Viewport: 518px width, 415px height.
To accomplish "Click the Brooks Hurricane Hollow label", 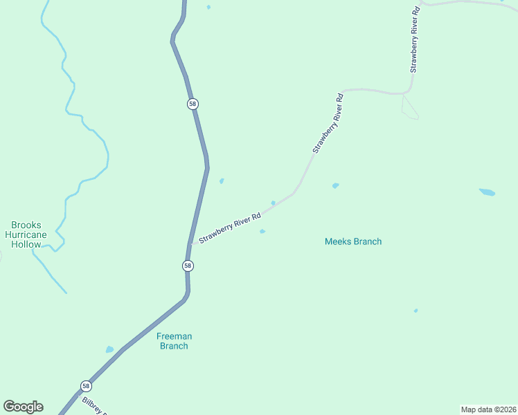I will click(26, 234).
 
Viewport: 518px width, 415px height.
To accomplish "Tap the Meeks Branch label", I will click(353, 241).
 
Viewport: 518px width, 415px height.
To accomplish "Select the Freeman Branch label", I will click(173, 341).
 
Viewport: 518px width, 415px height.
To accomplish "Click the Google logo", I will click(23, 407).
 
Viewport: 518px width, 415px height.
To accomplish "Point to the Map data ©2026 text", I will click(488, 409).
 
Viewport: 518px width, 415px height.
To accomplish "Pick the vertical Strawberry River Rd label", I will click(414, 40).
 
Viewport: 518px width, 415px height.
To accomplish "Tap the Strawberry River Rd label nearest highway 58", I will click(230, 228).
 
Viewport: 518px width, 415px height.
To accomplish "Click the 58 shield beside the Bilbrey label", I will click(85, 386).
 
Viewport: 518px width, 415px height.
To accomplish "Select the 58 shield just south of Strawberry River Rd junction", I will click(188, 266).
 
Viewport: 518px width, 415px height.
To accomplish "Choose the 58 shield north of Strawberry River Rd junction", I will click(193, 104).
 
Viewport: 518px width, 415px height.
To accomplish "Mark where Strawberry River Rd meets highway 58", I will click(190, 243).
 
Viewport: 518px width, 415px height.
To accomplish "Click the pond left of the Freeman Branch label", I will click(109, 349).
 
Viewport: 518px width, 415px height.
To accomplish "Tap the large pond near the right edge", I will click(488, 192).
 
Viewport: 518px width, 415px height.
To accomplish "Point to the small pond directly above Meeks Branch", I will click(336, 185).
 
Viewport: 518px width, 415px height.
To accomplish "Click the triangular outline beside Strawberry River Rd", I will click(409, 107).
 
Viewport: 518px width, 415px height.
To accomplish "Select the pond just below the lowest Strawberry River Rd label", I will click(262, 231).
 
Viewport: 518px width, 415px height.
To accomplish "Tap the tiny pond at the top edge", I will click(208, 7).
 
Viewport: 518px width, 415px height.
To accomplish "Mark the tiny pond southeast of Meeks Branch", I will click(416, 311).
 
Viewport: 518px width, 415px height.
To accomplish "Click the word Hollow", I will click(26, 244).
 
